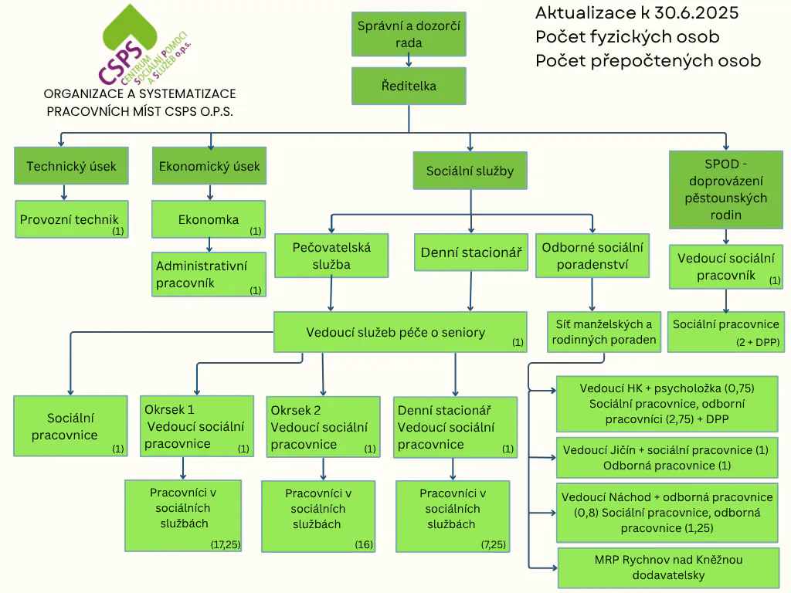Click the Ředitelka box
[409, 86]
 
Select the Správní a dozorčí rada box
[409, 35]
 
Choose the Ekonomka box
[209, 219]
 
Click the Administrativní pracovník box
[209, 275]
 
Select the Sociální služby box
[470, 171]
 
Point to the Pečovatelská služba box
[332, 256]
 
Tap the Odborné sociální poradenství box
[592, 256]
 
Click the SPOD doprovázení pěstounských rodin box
[725, 189]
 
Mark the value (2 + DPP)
[757, 342]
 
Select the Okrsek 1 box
[197, 425]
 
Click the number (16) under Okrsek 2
[364, 544]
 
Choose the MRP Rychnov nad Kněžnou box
[667, 568]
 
